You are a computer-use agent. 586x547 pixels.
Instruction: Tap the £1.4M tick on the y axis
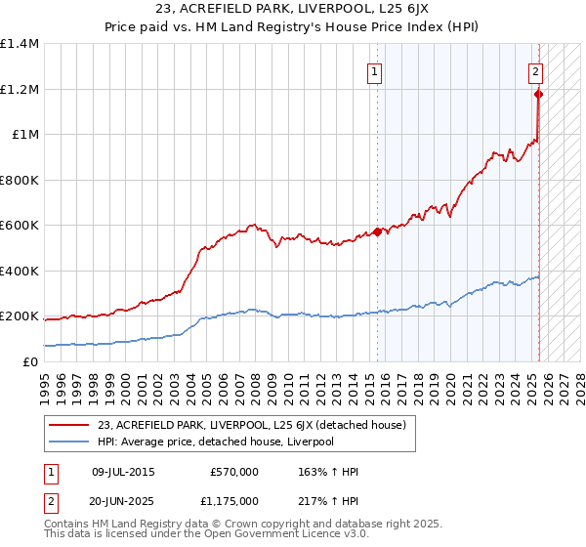click(20, 44)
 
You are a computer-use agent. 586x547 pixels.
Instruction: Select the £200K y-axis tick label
click(20, 316)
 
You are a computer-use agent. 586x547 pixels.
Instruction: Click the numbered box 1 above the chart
click(376, 70)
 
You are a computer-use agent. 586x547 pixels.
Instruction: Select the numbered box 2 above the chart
click(536, 70)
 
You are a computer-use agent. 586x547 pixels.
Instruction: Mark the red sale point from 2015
click(377, 232)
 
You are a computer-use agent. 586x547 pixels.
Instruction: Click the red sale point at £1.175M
click(538, 95)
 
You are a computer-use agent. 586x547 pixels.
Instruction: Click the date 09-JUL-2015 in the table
click(122, 473)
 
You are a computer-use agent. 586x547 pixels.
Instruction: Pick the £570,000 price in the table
click(234, 473)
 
